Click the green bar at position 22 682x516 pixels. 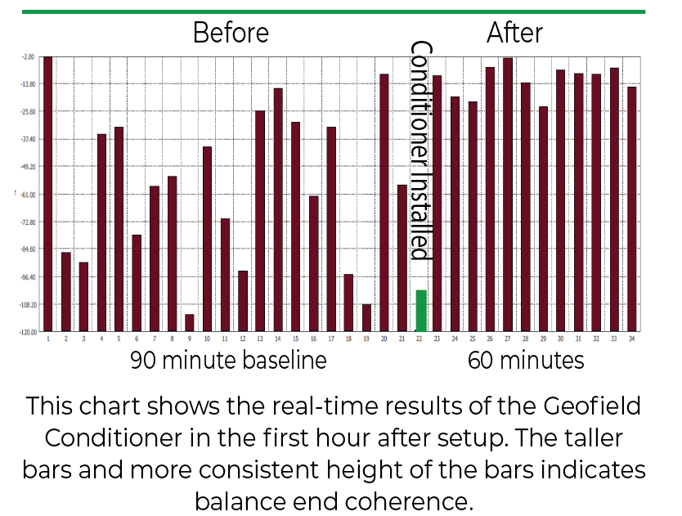point(421,311)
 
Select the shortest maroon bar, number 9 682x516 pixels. point(189,323)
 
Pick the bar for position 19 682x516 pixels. point(366,318)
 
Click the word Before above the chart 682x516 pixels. point(231,33)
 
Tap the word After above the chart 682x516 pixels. point(514,33)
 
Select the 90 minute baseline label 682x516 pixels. point(228,361)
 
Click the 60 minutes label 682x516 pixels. point(526,361)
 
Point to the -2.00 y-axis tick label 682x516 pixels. point(28,57)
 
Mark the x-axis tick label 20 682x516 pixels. point(384,339)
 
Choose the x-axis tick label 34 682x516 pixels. point(631,339)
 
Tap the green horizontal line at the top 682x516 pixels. point(333,11)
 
